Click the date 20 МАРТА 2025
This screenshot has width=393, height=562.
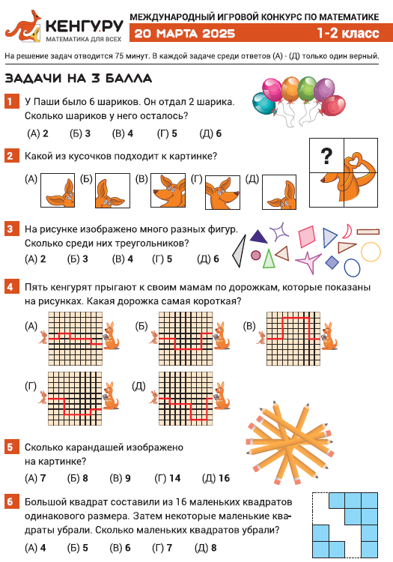pos(185,33)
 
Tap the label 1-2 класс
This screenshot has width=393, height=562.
pos(348,33)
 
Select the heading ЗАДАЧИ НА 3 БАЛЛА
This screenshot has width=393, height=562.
pos(79,78)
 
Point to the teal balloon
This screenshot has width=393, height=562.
pos(263,103)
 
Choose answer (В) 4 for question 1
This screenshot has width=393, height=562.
pos(123,133)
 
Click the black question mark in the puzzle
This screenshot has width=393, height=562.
pos(326,156)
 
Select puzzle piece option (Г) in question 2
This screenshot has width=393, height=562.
pos(222,192)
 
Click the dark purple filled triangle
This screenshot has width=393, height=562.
pos(258,237)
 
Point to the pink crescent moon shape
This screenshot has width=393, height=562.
pos(347,232)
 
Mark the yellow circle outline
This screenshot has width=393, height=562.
pos(371,252)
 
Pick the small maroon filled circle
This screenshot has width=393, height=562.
pos(255,256)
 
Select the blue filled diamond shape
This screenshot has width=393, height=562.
pos(332,262)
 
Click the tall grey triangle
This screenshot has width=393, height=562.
pos(240,251)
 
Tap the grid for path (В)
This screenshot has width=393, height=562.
pos(293,339)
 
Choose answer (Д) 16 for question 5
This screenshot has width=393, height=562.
pos(216,478)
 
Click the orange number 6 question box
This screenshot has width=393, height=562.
pos(10,502)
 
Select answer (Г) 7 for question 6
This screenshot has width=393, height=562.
pos(162,548)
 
